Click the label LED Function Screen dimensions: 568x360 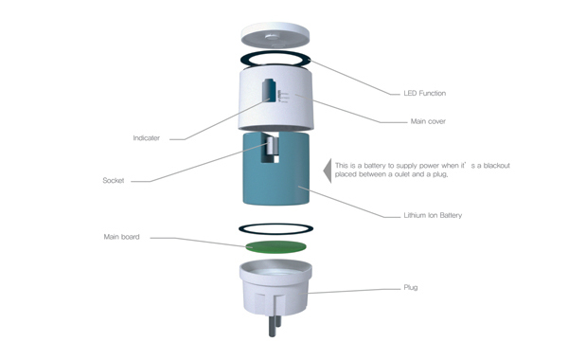pyautogui.click(x=424, y=93)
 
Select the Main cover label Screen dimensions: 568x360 pyautogui.click(x=428, y=121)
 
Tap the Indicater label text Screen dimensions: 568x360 pyautogui.click(x=147, y=137)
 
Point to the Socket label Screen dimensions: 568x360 pyautogui.click(x=114, y=180)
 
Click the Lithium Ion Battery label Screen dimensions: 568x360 pyautogui.click(x=433, y=215)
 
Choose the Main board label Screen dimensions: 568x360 pyautogui.click(x=122, y=237)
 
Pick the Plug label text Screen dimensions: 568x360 pyautogui.click(x=411, y=287)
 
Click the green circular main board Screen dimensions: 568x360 pyautogui.click(x=275, y=247)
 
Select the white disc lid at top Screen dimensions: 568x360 pyautogui.click(x=275, y=35)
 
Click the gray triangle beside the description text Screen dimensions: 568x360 pyautogui.click(x=328, y=171)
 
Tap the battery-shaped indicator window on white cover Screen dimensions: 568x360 pyautogui.click(x=270, y=90)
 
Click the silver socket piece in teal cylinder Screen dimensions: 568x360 pyautogui.click(x=274, y=147)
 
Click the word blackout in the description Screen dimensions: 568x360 pyautogui.click(x=497, y=166)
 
